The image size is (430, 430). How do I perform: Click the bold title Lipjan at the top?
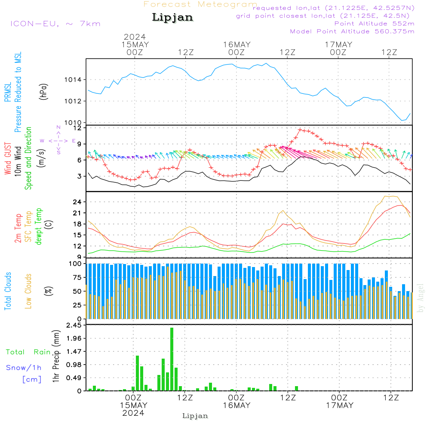172,18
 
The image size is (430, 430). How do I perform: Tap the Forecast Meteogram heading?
200,4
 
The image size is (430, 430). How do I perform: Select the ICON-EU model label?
34,24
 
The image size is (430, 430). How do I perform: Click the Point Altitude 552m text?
374,24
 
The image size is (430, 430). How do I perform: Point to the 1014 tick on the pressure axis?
73,80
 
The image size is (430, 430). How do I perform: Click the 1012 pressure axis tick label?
73,101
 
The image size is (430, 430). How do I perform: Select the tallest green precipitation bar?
172,359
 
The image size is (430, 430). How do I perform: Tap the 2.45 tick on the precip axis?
74,325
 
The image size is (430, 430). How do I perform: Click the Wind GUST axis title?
8,159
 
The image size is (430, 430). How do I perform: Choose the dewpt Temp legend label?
39,226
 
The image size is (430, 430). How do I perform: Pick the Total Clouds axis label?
8,291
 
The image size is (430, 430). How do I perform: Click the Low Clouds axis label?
28,291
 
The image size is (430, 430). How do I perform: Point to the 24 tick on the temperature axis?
77,202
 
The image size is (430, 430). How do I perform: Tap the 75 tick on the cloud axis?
77,277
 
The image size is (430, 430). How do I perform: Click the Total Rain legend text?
28,352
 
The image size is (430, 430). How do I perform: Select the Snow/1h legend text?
24,368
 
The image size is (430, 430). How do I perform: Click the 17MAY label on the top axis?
338,44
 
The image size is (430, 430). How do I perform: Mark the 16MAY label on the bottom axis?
236,405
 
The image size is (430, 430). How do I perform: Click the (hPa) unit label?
43,92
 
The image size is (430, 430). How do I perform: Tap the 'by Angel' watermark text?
421,298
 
